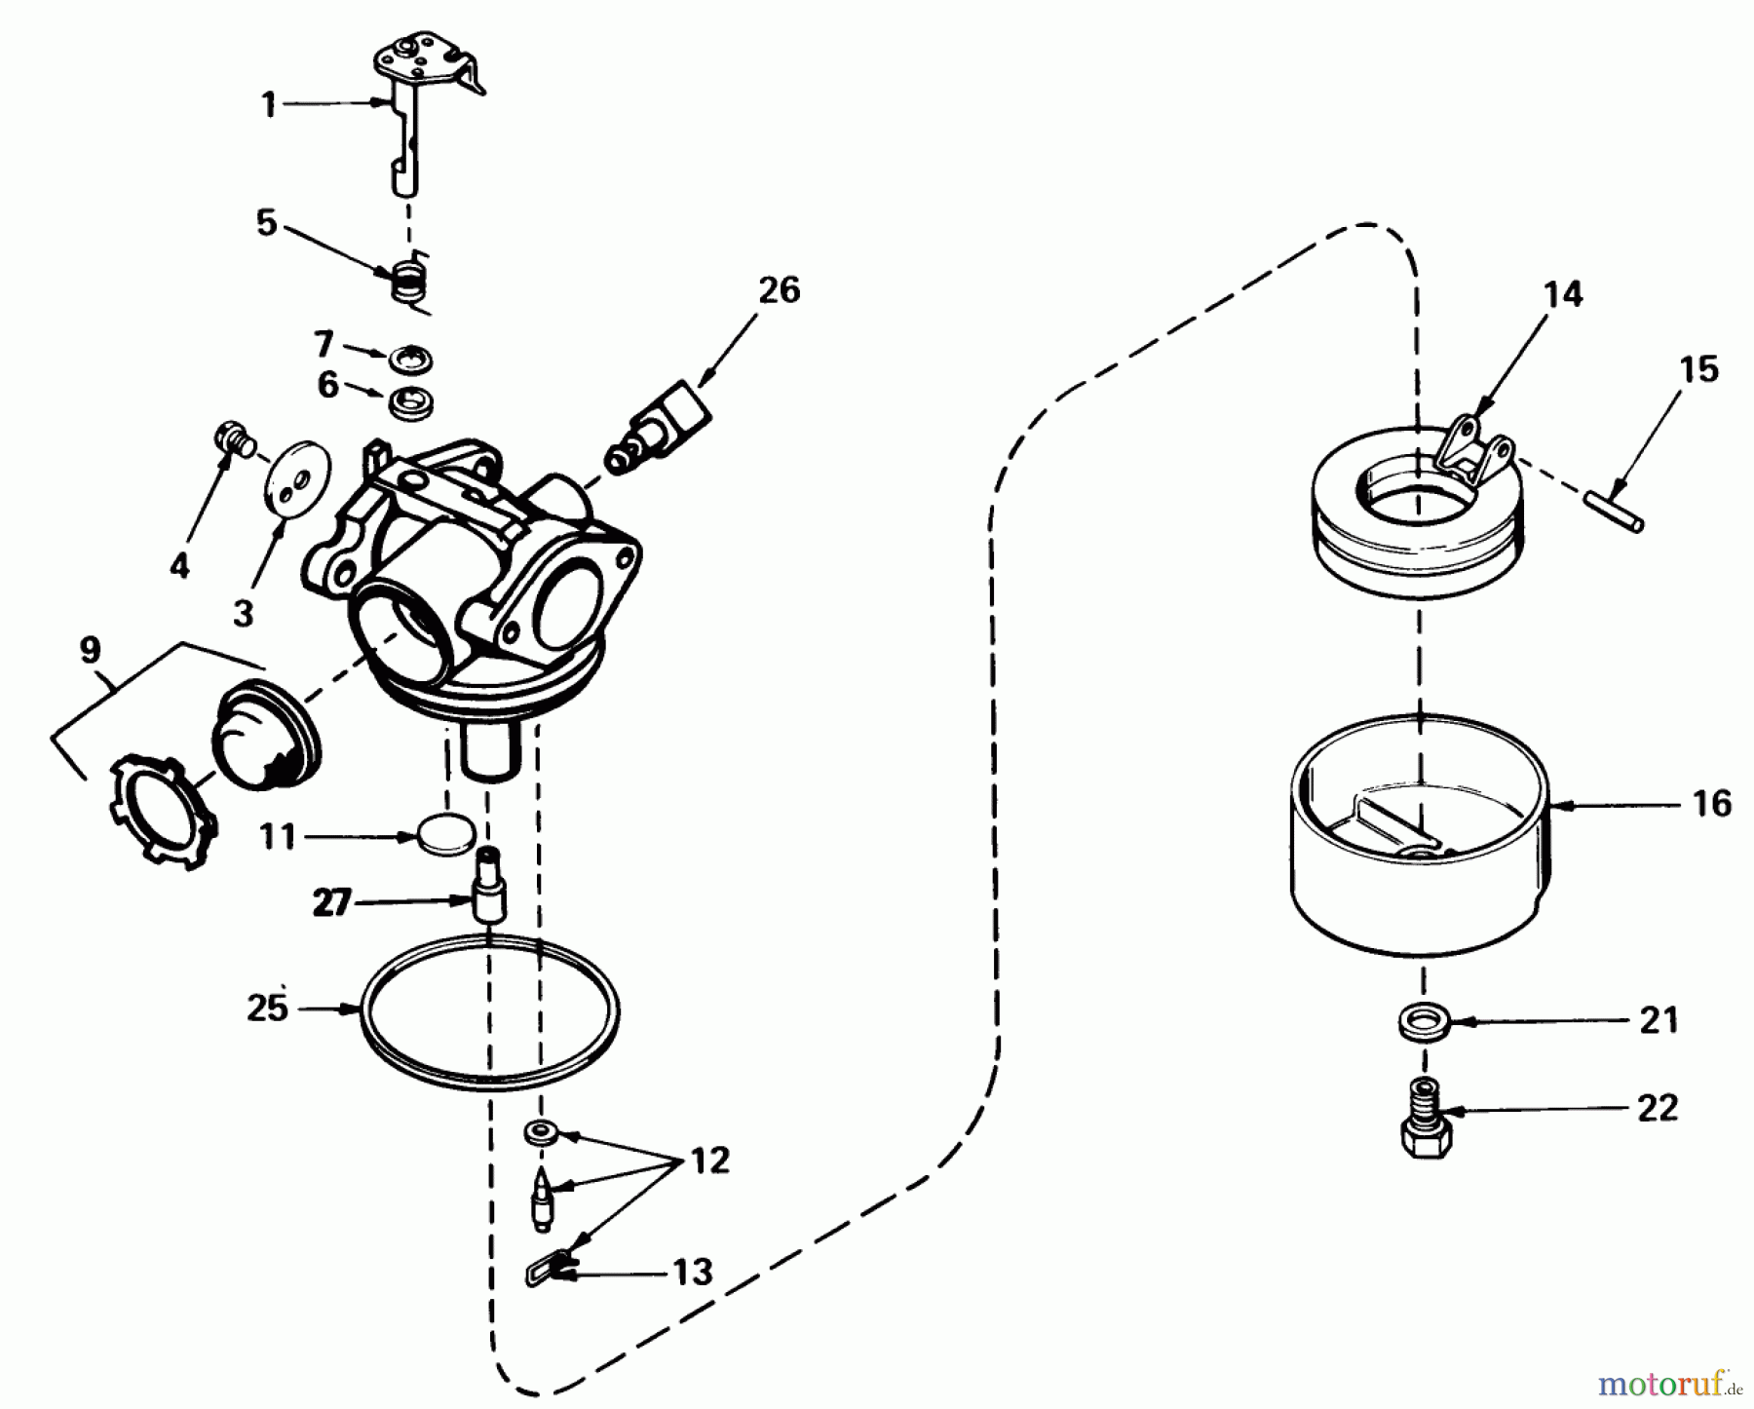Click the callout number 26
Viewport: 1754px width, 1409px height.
tap(779, 290)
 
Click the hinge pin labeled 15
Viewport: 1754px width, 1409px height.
tap(1614, 513)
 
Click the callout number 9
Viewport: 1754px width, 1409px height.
tap(90, 650)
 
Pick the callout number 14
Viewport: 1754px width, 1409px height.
tap(1562, 294)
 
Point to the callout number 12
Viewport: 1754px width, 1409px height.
tap(708, 1161)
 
